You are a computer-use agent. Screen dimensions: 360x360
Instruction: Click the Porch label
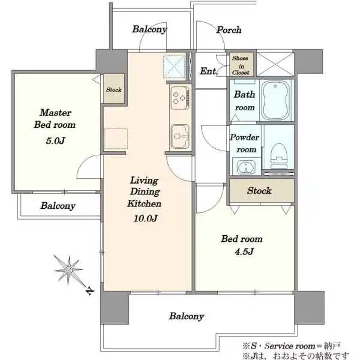[x=229, y=30]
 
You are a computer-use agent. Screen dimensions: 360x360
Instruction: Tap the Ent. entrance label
[x=208, y=71]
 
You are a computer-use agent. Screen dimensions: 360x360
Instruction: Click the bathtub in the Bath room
[x=276, y=100]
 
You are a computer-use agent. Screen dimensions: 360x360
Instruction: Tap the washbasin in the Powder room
[x=246, y=166]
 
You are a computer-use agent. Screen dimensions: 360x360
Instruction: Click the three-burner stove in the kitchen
[x=180, y=98]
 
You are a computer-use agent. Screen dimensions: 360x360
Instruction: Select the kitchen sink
[x=180, y=137]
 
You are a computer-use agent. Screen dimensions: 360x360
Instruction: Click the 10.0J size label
[x=145, y=218]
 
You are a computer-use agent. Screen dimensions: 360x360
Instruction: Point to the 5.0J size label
[x=55, y=140]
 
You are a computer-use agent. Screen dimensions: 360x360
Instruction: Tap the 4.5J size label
[x=244, y=251]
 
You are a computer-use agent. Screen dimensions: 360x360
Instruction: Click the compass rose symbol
[x=68, y=270]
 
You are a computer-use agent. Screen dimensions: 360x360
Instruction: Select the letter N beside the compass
[x=90, y=291]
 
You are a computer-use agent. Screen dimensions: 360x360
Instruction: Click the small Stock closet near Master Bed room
[x=114, y=89]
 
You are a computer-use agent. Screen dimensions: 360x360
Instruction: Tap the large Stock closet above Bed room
[x=262, y=191]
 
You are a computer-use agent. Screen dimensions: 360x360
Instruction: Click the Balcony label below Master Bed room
[x=58, y=206]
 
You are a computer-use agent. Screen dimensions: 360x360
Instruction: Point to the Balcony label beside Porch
[x=149, y=29]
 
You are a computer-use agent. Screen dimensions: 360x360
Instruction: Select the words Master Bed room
[x=55, y=119]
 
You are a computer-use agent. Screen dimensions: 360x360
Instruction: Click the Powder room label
[x=245, y=143]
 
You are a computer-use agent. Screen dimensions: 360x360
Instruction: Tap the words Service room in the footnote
[x=290, y=346]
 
